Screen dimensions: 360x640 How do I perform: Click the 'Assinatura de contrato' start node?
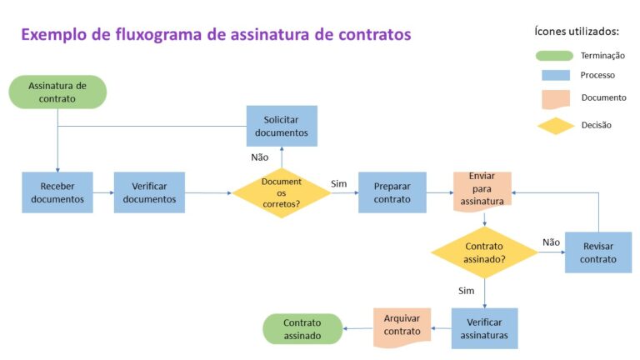(x=57, y=92)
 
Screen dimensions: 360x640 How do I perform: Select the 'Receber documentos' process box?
(x=57, y=192)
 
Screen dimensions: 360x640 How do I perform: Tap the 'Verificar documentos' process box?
(x=149, y=192)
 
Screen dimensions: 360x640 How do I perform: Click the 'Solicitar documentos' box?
(x=281, y=126)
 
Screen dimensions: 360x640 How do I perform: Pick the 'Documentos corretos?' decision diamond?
(x=281, y=192)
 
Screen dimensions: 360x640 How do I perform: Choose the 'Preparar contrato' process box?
(x=392, y=192)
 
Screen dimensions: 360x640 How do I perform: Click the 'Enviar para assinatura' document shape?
(x=482, y=189)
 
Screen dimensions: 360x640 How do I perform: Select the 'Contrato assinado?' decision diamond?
(x=484, y=252)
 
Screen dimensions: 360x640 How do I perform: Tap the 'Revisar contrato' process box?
(x=597, y=252)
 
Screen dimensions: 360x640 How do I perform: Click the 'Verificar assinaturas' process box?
(x=484, y=327)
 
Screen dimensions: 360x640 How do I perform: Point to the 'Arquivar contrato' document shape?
(x=402, y=324)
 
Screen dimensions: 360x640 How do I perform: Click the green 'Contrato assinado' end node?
(x=302, y=328)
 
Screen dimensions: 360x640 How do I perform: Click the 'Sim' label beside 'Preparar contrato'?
(x=338, y=183)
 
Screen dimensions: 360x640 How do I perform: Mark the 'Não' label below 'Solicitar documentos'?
(x=259, y=157)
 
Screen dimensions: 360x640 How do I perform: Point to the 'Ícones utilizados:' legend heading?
(x=576, y=31)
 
